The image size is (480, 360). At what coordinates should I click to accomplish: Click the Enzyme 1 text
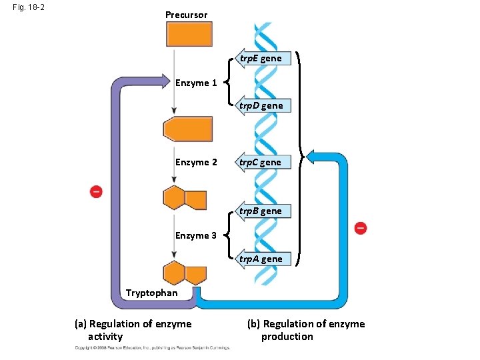pyautogui.click(x=196, y=83)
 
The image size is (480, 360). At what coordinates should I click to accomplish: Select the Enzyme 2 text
pyautogui.click(x=196, y=162)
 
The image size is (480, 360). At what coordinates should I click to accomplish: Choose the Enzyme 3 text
pyautogui.click(x=196, y=235)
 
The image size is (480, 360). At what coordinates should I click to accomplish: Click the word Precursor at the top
pyautogui.click(x=187, y=15)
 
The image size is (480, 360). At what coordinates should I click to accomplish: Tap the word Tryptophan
pyautogui.click(x=152, y=293)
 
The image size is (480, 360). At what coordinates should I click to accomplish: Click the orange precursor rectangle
pyautogui.click(x=189, y=34)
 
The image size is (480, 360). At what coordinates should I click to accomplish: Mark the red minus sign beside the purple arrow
pyautogui.click(x=97, y=192)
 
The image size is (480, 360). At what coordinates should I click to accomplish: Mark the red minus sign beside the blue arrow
pyautogui.click(x=360, y=228)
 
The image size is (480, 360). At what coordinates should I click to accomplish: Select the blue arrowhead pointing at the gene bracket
pyautogui.click(x=311, y=159)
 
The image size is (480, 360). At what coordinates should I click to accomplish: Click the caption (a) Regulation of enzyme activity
pyautogui.click(x=133, y=330)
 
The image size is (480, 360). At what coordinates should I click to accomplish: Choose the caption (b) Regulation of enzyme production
pyautogui.click(x=306, y=330)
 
